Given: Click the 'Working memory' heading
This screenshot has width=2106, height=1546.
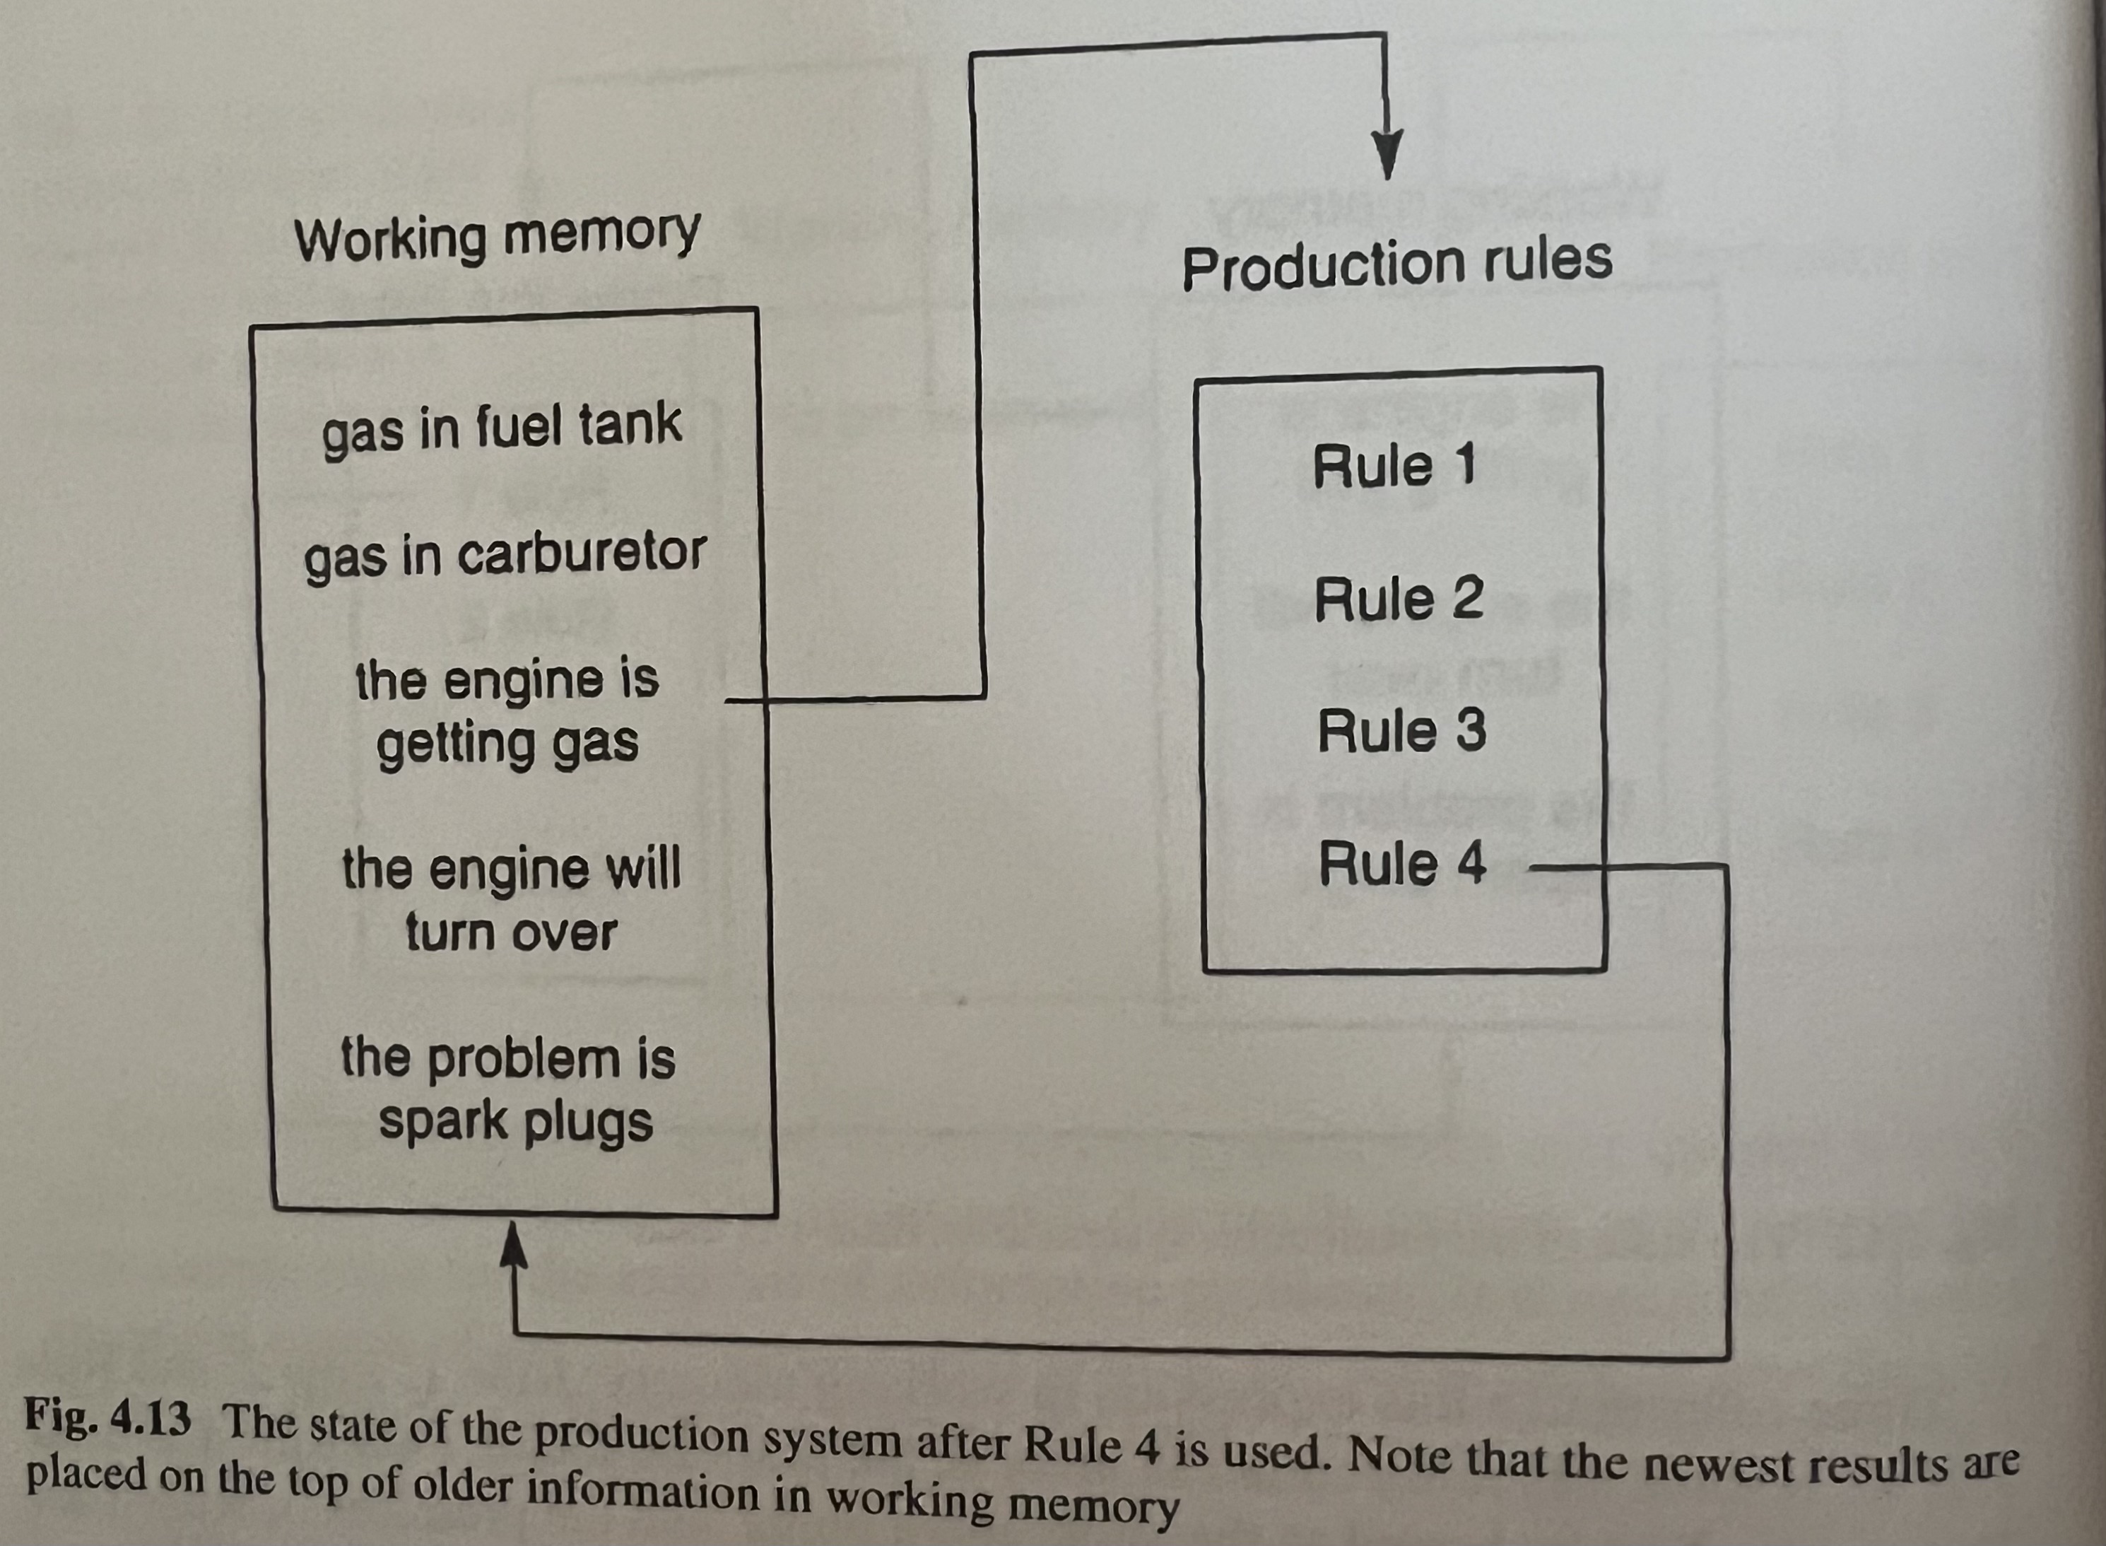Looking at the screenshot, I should click(x=498, y=236).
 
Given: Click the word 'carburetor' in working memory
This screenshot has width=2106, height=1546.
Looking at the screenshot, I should click(x=581, y=554).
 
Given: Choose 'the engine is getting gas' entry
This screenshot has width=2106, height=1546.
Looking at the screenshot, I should click(x=507, y=711).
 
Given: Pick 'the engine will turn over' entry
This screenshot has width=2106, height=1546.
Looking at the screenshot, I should click(x=511, y=901).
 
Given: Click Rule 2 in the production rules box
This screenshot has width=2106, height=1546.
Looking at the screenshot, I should click(x=1399, y=599).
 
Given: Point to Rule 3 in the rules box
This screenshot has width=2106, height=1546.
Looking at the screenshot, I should click(x=1401, y=731).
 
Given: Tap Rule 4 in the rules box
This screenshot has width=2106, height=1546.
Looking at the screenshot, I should click(x=1401, y=864).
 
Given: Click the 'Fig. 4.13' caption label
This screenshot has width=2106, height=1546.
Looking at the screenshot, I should click(x=107, y=1416).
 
